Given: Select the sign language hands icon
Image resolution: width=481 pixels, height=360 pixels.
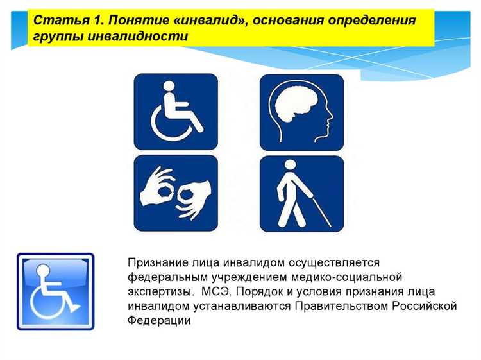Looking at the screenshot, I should tap(175, 193).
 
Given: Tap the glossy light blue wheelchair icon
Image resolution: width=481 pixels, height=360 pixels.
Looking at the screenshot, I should tap(55, 290).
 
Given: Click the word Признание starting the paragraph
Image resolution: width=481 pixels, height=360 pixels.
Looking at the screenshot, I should tap(154, 263).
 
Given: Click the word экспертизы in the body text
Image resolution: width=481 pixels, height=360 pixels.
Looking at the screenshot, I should tap(157, 291).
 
